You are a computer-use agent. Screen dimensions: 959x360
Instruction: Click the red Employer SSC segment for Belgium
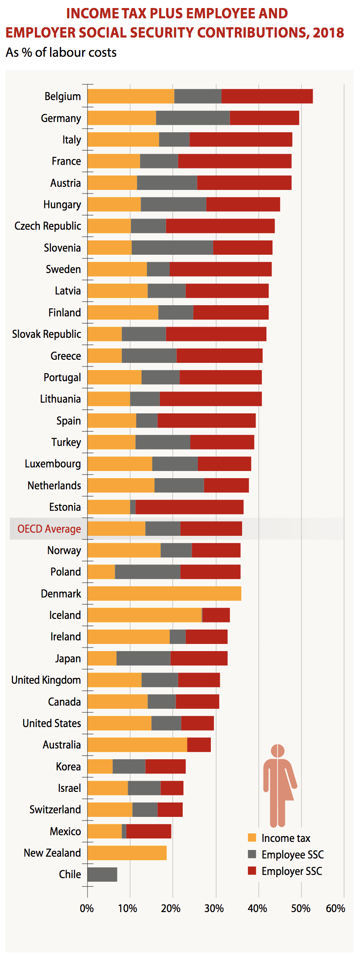[267, 97]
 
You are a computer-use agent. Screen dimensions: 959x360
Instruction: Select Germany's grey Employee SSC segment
[193, 118]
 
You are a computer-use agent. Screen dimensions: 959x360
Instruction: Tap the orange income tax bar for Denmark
[164, 593]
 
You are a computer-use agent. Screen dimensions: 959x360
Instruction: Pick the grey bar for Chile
[102, 875]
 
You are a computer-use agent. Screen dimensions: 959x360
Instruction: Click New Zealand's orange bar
[127, 853]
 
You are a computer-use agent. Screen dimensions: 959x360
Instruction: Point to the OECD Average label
[49, 529]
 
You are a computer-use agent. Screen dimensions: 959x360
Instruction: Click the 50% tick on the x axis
[301, 908]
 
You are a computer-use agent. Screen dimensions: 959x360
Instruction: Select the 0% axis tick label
[87, 908]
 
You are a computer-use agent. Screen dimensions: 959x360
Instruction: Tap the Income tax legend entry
[285, 838]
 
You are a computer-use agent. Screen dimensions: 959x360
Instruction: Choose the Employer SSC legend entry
[291, 871]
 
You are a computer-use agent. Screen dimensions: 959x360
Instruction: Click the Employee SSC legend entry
[292, 855]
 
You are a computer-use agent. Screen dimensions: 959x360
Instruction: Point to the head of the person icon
[277, 751]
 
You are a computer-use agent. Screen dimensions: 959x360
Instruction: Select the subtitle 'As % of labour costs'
[61, 53]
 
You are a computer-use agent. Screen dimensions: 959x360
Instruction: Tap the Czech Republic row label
[48, 226]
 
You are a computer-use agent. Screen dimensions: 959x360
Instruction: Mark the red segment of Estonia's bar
[189, 507]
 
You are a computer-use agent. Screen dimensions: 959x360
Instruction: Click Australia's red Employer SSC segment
[199, 745]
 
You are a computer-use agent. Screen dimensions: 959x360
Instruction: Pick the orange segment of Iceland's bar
[144, 615]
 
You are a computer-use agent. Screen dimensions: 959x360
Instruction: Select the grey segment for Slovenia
[172, 248]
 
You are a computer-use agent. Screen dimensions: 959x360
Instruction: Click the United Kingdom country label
[46, 680]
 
